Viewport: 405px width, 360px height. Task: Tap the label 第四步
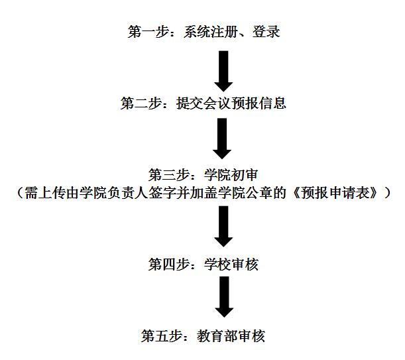pyautogui.click(x=166, y=265)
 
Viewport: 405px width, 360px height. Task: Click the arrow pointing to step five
pyautogui.click(x=223, y=296)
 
